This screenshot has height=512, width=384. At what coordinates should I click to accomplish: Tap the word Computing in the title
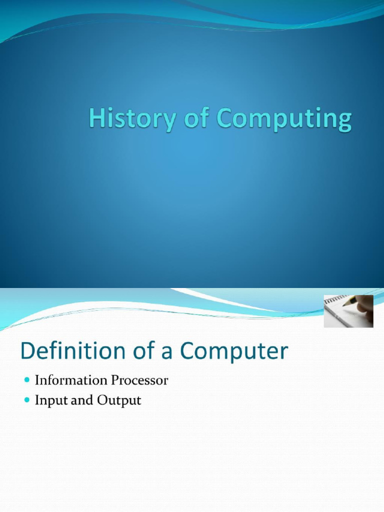click(x=283, y=120)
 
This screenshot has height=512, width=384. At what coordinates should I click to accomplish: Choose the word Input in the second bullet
click(x=48, y=400)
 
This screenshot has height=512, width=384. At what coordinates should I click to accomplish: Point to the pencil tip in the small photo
click(x=344, y=304)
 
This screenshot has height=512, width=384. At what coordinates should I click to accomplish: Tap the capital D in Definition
click(x=28, y=351)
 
